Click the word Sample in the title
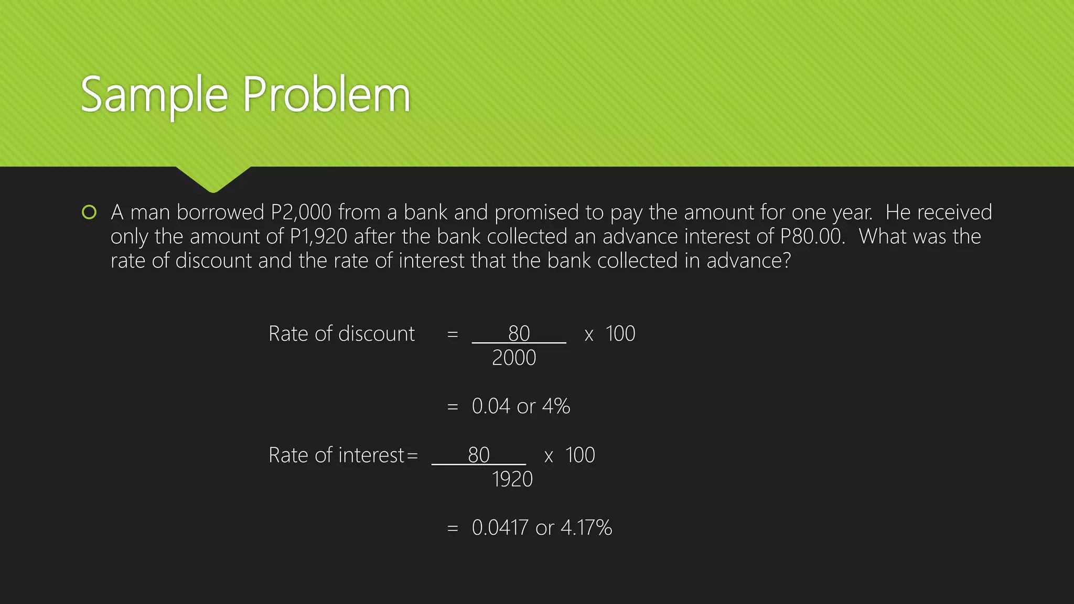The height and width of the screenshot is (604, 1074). tap(154, 95)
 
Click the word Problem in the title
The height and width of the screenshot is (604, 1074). tap(326, 95)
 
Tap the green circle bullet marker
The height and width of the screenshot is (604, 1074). tap(89, 212)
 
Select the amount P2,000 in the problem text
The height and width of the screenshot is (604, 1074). tap(302, 213)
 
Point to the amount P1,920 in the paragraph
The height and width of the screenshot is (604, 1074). tap(319, 237)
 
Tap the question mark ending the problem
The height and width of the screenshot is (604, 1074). tap(786, 261)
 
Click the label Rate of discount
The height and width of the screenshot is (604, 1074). tap(341, 334)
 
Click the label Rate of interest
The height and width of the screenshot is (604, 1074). tap(336, 455)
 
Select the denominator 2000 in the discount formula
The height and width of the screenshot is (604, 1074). tap(514, 358)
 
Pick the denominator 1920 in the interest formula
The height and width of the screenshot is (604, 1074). tap(512, 479)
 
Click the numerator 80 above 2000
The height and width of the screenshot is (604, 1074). tap(519, 333)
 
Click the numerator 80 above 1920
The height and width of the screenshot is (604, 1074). tap(479, 455)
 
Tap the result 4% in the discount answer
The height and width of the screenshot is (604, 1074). tap(556, 406)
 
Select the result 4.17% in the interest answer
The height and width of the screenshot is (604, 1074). tap(586, 528)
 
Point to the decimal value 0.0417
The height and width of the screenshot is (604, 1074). tap(500, 528)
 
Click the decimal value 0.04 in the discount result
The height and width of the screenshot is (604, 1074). tap(491, 406)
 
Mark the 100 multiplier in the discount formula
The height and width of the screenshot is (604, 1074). tap(620, 334)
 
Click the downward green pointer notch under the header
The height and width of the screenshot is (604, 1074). tap(213, 180)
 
